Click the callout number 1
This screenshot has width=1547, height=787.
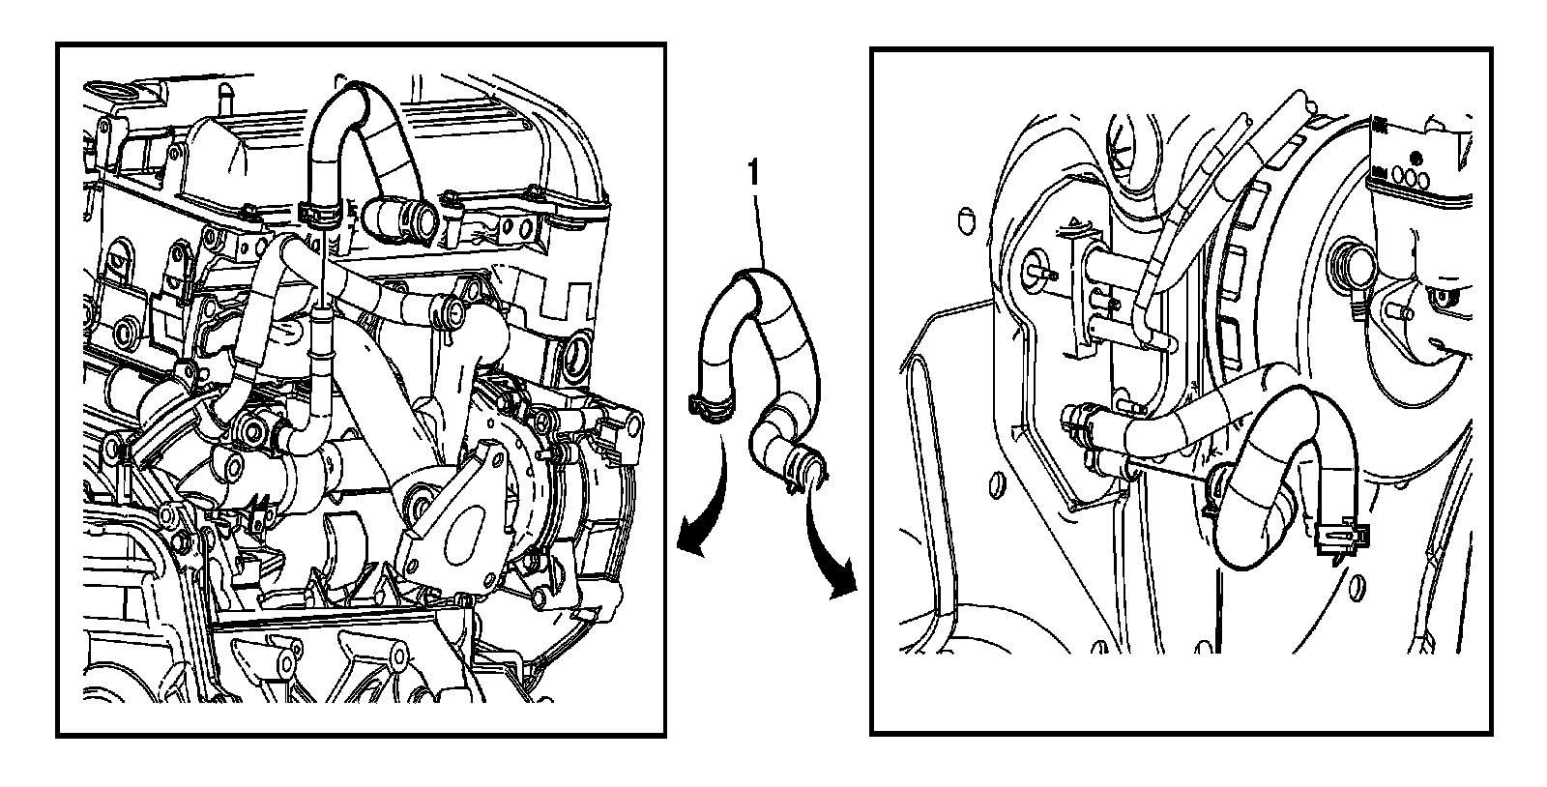click(753, 173)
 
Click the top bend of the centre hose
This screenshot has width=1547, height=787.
click(754, 278)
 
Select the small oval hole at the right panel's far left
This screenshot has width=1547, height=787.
click(964, 220)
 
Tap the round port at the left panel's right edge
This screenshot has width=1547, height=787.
click(577, 356)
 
